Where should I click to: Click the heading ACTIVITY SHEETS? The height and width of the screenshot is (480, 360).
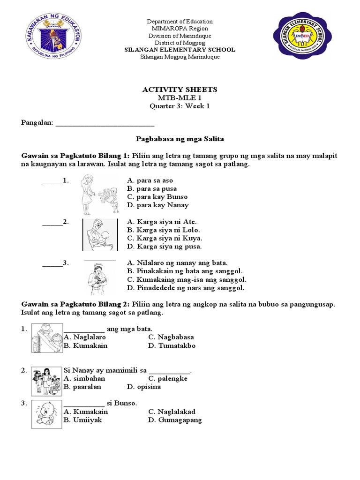click(180, 90)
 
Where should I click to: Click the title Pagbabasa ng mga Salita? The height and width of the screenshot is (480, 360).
click(180, 139)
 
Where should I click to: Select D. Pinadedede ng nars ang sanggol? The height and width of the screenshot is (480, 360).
click(186, 288)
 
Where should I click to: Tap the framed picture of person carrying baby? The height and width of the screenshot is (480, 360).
click(100, 235)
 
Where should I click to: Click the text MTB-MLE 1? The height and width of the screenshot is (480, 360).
click(180, 97)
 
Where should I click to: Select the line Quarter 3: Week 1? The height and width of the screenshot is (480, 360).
click(180, 106)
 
